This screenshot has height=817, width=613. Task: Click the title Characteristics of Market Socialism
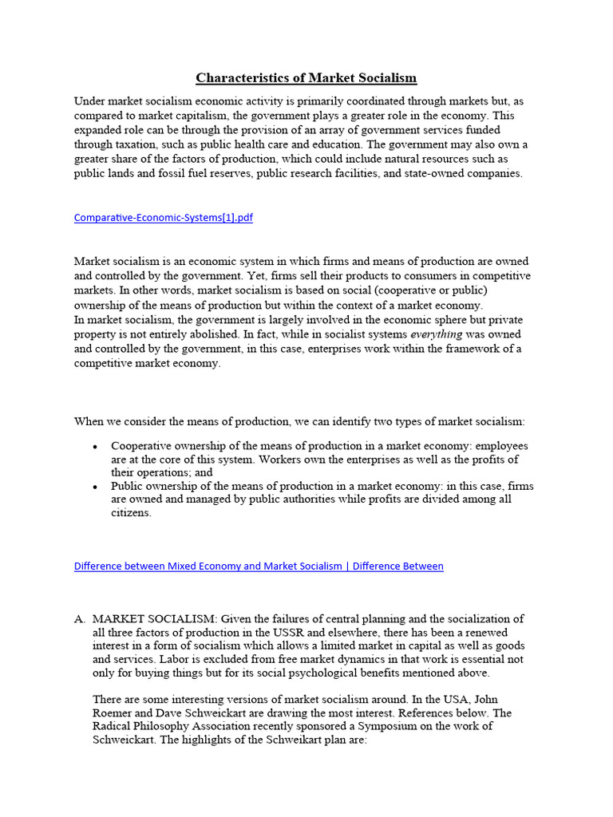[306, 78]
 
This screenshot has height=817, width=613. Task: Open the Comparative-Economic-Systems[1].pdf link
[163, 218]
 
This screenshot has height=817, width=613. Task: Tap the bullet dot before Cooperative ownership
[96, 446]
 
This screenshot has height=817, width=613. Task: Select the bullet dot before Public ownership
[96, 486]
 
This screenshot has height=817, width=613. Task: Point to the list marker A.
[79, 618]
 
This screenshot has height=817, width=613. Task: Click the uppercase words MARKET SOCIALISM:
[155, 618]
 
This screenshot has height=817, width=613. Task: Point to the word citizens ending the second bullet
[130, 513]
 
